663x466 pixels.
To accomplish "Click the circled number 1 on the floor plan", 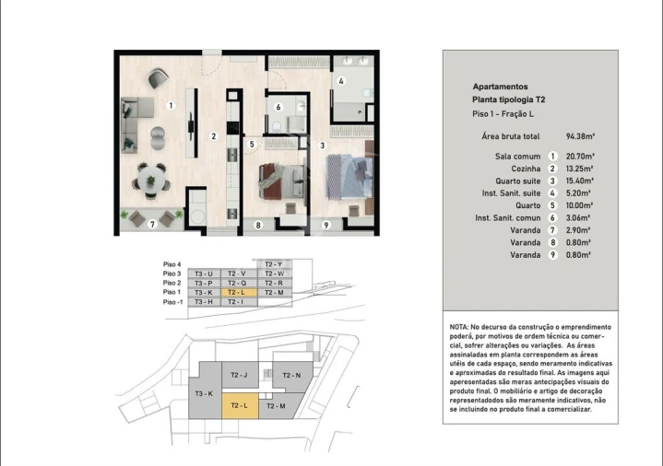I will coord(171,106).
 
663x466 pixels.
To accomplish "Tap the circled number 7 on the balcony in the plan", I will coord(153,224).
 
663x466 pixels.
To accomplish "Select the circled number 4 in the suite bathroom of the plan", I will coord(341,81).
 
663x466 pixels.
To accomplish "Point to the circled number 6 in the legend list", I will coord(552,217).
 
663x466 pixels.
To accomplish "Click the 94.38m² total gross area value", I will coord(578,134).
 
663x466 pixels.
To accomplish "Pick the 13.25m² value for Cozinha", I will coord(578,169).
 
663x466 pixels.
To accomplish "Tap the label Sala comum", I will coord(515,157).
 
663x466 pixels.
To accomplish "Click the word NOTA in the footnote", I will coord(459,327).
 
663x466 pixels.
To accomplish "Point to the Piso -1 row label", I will coord(173,302).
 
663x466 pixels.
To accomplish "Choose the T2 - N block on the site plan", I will coord(292,375).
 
